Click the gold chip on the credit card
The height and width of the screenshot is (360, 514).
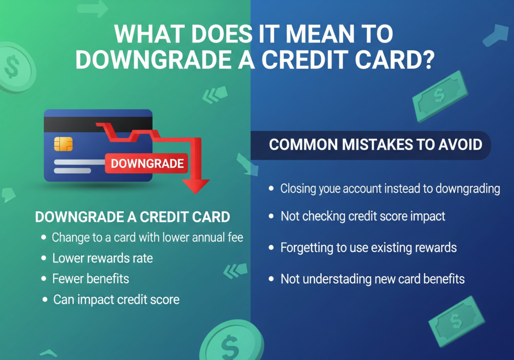(63, 144)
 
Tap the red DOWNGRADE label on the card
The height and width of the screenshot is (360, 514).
(147, 163)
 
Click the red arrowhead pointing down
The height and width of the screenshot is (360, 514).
(196, 186)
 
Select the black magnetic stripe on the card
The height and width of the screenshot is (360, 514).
(98, 125)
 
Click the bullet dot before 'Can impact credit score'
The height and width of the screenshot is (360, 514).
(45, 299)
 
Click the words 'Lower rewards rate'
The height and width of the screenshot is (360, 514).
(102, 259)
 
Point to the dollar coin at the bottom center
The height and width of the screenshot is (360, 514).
(231, 341)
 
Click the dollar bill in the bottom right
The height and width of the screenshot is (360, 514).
(457, 321)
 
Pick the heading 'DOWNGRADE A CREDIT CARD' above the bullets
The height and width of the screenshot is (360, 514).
(133, 217)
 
